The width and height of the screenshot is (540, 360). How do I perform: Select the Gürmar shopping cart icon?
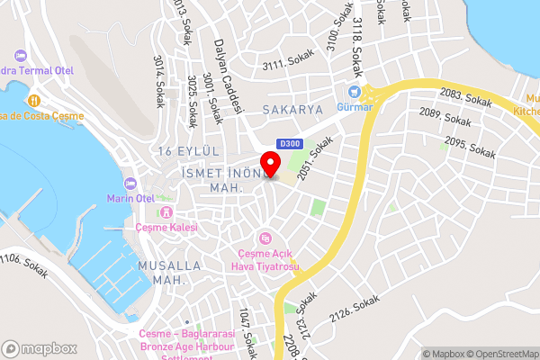click(354, 91)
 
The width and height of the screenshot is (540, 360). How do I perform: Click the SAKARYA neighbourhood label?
click(292, 109)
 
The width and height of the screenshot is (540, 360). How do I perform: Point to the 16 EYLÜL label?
click(188, 150)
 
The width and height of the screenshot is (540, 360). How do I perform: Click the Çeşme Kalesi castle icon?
click(166, 212)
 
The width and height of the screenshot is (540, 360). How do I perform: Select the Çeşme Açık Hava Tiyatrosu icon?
click(265, 238)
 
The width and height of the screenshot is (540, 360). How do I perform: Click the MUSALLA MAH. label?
click(161, 274)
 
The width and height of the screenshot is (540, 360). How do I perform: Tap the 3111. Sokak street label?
click(286, 65)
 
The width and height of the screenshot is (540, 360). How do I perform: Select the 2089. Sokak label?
click(445, 119)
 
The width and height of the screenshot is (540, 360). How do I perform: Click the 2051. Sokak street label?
click(315, 157)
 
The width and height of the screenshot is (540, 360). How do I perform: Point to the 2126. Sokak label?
click(355, 310)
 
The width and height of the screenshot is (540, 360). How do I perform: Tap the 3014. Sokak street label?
click(159, 82)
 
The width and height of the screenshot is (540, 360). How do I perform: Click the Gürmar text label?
click(354, 106)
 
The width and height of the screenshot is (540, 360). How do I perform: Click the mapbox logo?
click(39, 348)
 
